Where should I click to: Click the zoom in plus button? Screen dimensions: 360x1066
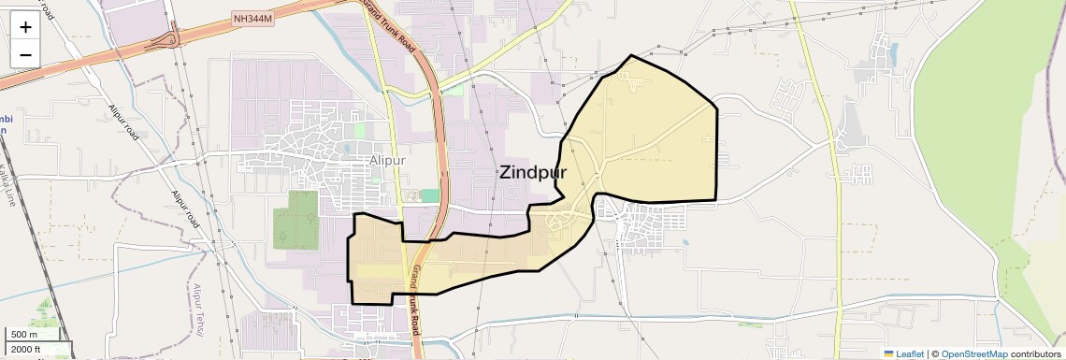coord(25,26)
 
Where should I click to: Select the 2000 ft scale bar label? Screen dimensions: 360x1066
coord(26,349)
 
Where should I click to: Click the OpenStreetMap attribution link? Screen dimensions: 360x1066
coord(973,353)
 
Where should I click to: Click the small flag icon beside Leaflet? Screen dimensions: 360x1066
coord(888,353)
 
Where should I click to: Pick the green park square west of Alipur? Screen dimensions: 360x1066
coord(295,220)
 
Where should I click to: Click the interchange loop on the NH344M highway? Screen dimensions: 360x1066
coord(169,38)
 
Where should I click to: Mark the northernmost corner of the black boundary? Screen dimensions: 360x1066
coord(632,56)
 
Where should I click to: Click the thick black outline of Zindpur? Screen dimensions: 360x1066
coord(717,150)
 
